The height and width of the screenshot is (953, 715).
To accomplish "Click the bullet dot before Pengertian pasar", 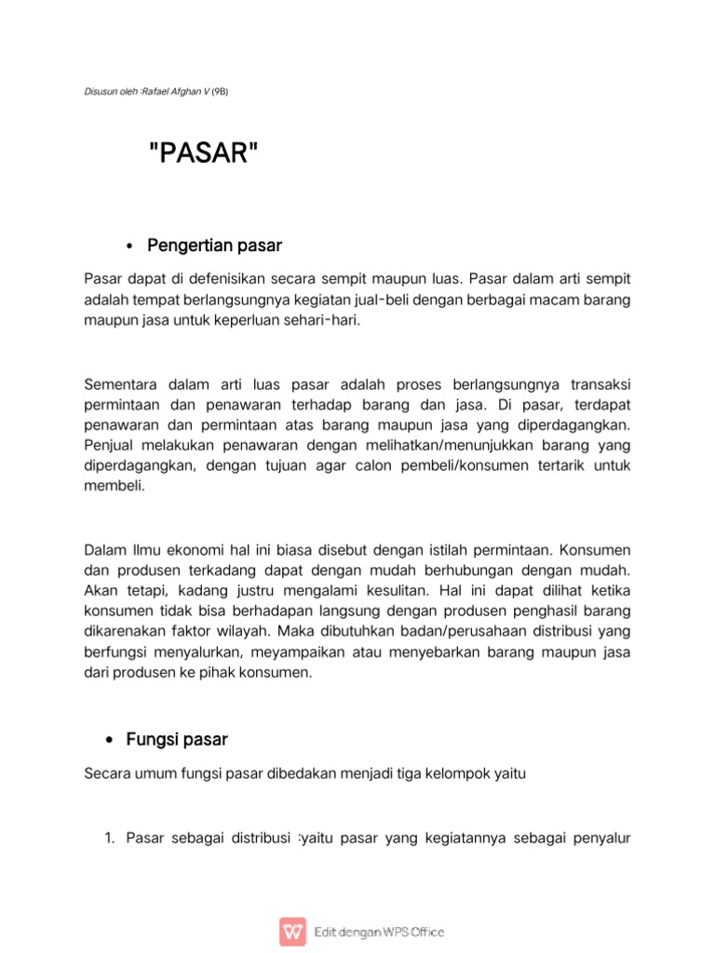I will click(129, 247).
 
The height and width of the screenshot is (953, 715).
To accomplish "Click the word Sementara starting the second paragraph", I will click(122, 384).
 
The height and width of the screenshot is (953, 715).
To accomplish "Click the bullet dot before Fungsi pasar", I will click(107, 741).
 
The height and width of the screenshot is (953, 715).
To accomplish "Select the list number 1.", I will click(108, 839).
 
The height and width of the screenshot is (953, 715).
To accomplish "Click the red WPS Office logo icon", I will click(292, 932).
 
